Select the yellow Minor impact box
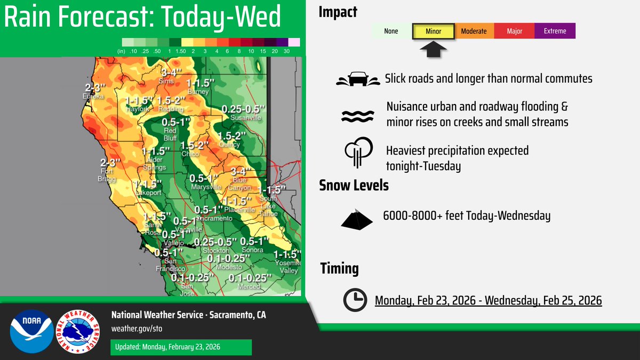pos(433,31)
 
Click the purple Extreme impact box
pos(555,31)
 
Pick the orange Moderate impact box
pos(474,31)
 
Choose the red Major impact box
pos(514,31)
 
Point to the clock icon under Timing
pos(354,300)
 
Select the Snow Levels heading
pos(354,186)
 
